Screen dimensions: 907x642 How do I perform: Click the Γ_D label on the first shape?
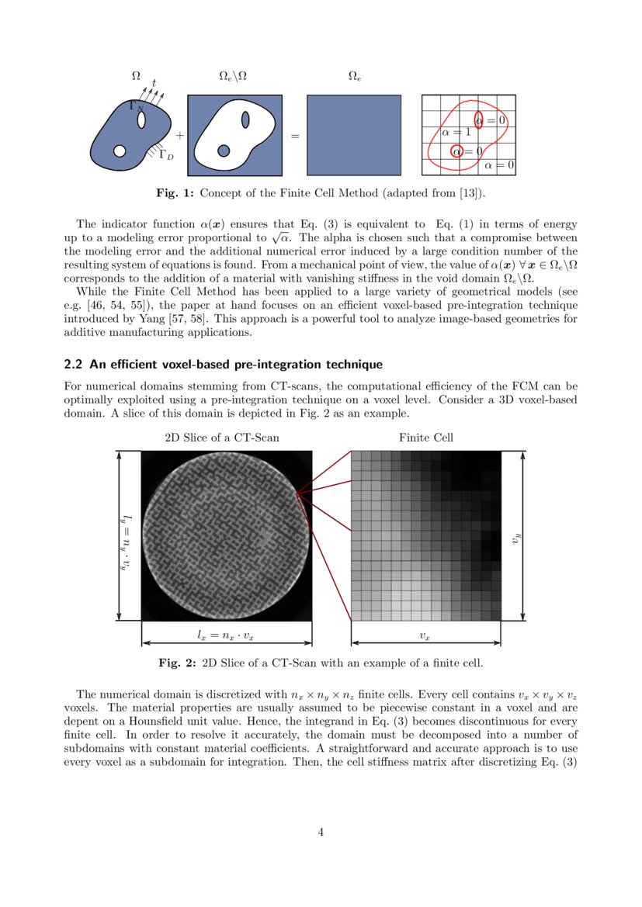coord(165,154)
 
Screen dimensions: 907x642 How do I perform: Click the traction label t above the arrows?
coord(154,82)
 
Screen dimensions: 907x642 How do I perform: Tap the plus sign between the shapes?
coord(180,135)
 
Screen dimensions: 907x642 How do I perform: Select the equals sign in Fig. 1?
coord(295,137)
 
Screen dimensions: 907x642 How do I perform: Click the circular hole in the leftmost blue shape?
coord(120,151)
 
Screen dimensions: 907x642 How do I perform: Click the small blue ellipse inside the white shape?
coord(245,120)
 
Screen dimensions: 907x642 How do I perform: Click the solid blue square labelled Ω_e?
coord(353,134)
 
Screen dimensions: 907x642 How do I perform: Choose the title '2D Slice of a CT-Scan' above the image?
coord(222,438)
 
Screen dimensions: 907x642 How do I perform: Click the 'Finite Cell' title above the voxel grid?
coord(426,438)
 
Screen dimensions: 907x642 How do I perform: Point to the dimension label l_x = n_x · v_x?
coord(226,635)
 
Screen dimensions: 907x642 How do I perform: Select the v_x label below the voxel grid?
coord(425,635)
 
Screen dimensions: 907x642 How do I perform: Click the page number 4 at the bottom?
coord(321,833)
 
